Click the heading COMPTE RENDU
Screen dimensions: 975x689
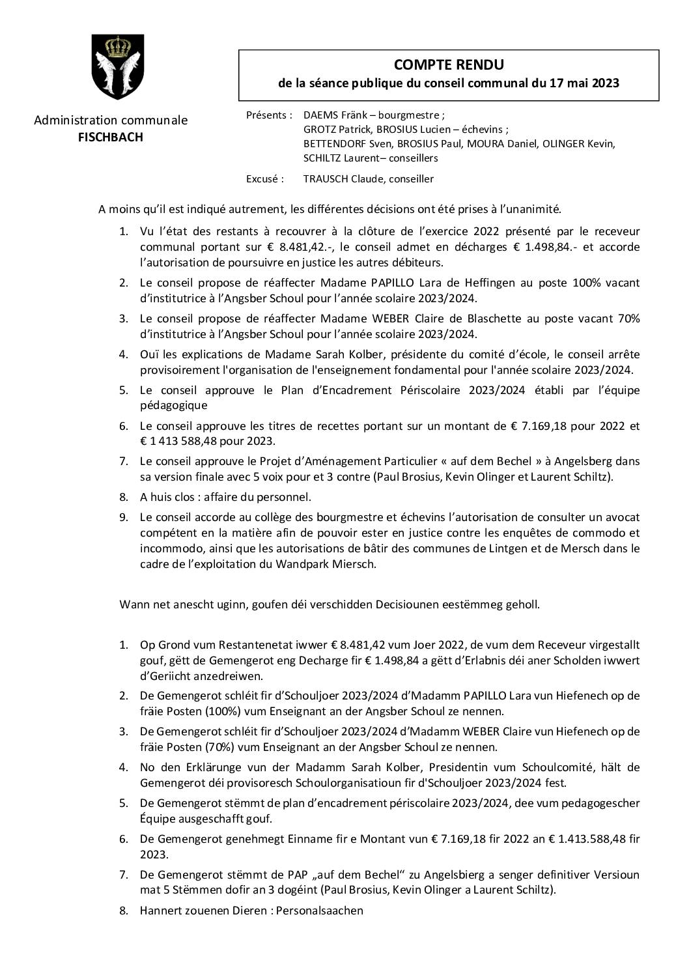point(449,64)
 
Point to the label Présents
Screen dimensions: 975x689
point(269,115)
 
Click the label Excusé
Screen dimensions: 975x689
point(264,178)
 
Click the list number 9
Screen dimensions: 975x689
point(124,518)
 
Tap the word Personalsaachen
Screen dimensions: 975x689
point(319,910)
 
